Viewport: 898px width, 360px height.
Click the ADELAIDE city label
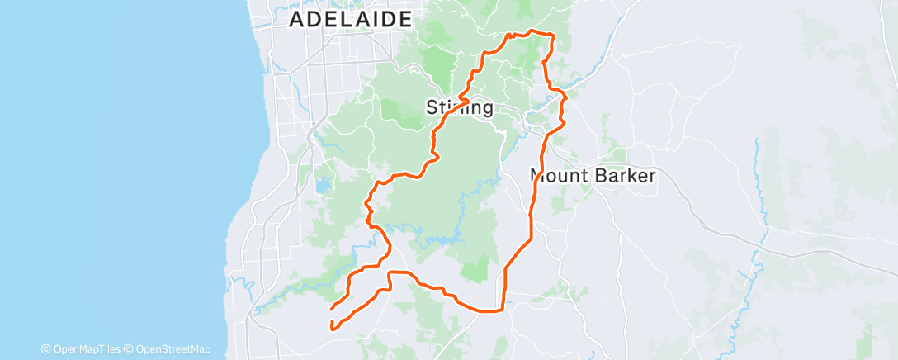tap(351, 20)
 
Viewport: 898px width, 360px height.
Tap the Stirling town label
tap(460, 107)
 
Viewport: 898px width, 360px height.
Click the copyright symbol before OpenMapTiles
tap(46, 349)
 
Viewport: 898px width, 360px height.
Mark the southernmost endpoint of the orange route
tap(333, 328)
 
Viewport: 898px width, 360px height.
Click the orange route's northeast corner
tap(551, 35)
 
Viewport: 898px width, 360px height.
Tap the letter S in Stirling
tap(431, 107)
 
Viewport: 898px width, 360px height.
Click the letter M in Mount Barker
tap(538, 176)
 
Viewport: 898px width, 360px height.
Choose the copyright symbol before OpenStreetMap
tap(131, 349)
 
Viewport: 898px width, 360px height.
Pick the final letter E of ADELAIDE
tap(405, 20)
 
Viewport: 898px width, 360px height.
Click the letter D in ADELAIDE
tap(315, 20)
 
